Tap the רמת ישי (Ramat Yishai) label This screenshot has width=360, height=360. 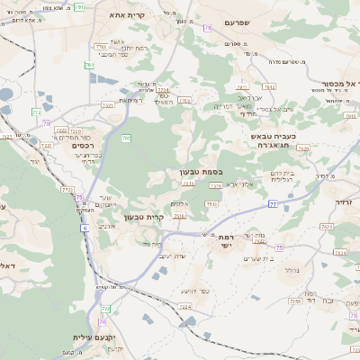(225, 241)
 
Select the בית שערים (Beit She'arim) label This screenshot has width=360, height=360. (256, 257)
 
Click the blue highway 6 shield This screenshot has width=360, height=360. (84, 228)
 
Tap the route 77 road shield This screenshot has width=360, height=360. (273, 204)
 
